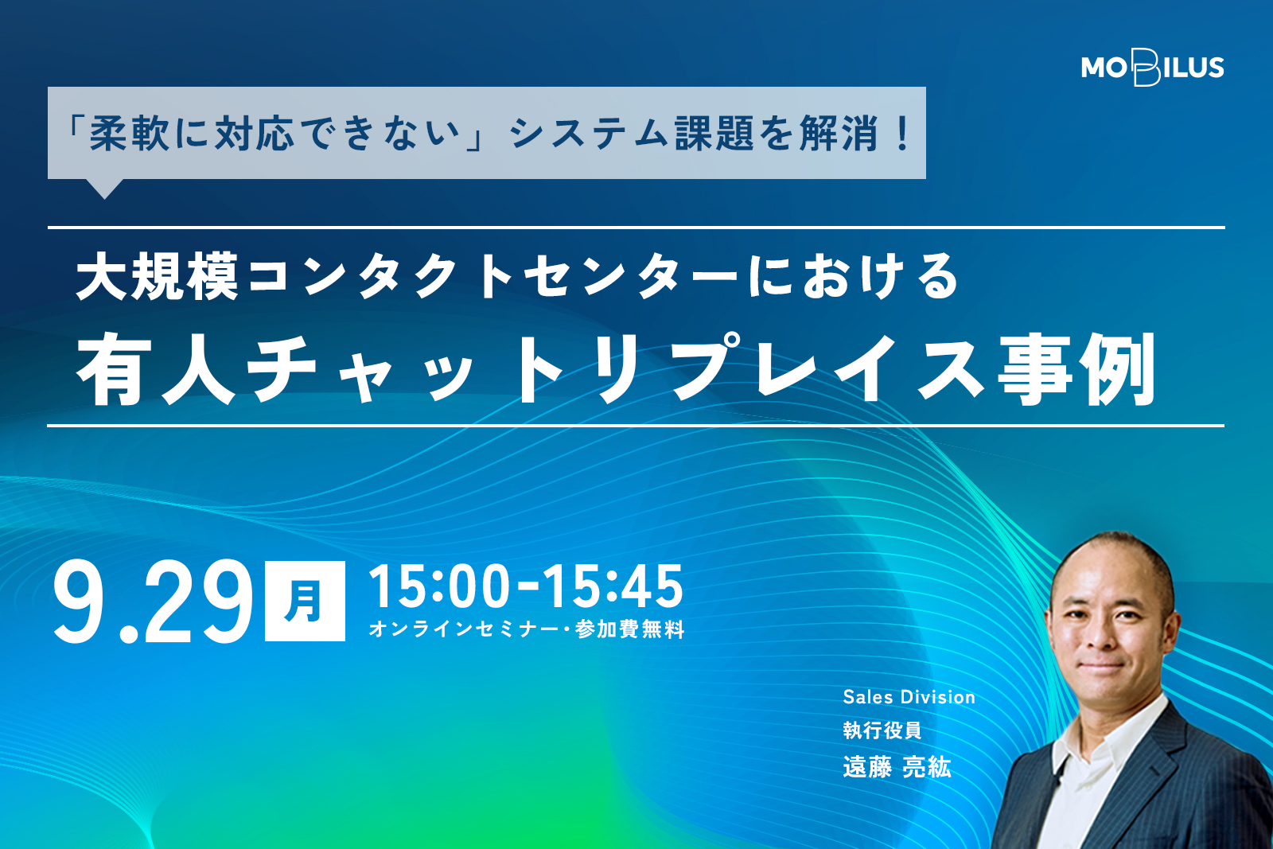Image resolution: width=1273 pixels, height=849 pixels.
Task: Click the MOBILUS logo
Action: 1152,68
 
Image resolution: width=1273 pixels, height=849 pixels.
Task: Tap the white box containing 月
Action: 306,602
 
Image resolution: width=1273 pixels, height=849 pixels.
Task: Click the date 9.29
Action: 152,602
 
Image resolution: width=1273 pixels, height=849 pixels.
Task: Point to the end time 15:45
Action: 613,586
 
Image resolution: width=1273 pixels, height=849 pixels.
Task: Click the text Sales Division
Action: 909,697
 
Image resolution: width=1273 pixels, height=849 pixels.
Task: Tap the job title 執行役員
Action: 882,730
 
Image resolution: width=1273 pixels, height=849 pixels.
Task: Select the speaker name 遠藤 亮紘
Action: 897,767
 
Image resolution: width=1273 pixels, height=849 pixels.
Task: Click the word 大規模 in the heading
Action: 157,277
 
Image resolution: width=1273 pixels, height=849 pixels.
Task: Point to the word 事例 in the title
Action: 1076,369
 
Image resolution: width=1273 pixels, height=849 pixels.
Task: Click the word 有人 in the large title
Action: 156,369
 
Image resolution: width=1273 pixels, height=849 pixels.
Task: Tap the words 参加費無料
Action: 629,629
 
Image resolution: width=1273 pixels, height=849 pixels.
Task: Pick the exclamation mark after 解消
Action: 902,134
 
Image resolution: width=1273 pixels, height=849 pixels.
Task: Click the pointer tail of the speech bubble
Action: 104,189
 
